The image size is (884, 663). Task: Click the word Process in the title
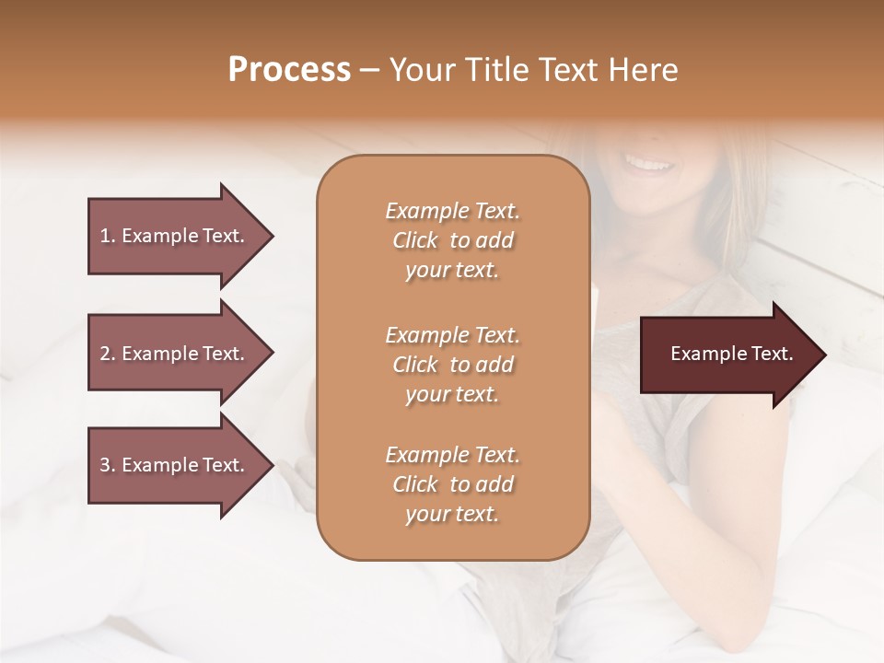pyautogui.click(x=289, y=70)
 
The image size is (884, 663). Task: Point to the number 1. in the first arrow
pyautogui.click(x=108, y=236)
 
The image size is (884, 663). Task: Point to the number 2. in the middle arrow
pyautogui.click(x=108, y=354)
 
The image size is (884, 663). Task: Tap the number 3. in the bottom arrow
pyautogui.click(x=108, y=465)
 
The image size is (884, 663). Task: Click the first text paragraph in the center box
pyautogui.click(x=452, y=240)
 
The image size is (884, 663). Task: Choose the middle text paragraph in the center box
pyautogui.click(x=452, y=365)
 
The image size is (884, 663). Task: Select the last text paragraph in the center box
pyautogui.click(x=452, y=484)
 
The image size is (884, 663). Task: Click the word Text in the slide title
pyautogui.click(x=566, y=70)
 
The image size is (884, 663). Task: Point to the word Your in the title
pyautogui.click(x=425, y=70)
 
